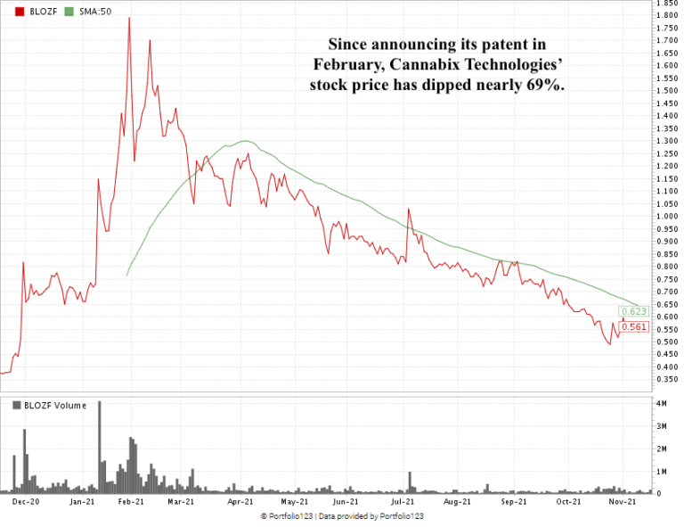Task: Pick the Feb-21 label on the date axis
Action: (132, 503)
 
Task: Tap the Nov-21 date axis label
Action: (622, 503)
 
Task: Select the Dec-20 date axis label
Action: (25, 503)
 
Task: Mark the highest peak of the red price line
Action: (129, 18)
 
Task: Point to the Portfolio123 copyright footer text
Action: (342, 516)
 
